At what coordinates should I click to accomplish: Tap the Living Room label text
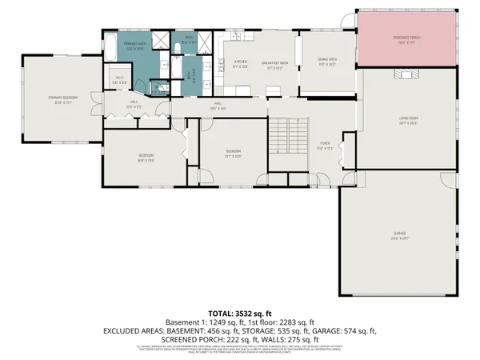click(409, 121)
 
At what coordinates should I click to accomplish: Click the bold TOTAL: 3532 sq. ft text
click(239, 312)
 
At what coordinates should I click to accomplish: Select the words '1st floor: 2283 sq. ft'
click(278, 321)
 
